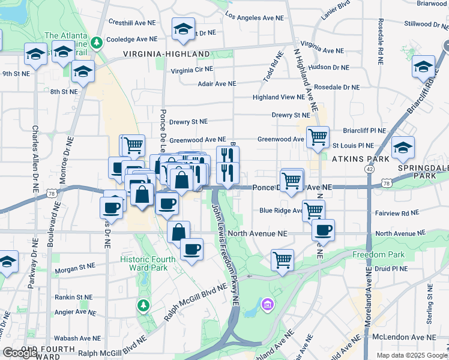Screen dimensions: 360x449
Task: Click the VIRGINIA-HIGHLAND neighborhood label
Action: (166, 54)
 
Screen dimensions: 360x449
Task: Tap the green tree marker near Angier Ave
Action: (143, 305)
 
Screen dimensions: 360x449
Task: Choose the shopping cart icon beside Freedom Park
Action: (282, 259)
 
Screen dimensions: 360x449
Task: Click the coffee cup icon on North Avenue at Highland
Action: (323, 229)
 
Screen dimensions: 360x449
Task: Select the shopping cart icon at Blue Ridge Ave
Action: (313, 210)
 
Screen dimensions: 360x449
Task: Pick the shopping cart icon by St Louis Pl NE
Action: (318, 137)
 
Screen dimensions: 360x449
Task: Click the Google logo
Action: (20, 353)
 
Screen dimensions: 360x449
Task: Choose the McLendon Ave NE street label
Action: (402, 337)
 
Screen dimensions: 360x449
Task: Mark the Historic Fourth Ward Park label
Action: (147, 263)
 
